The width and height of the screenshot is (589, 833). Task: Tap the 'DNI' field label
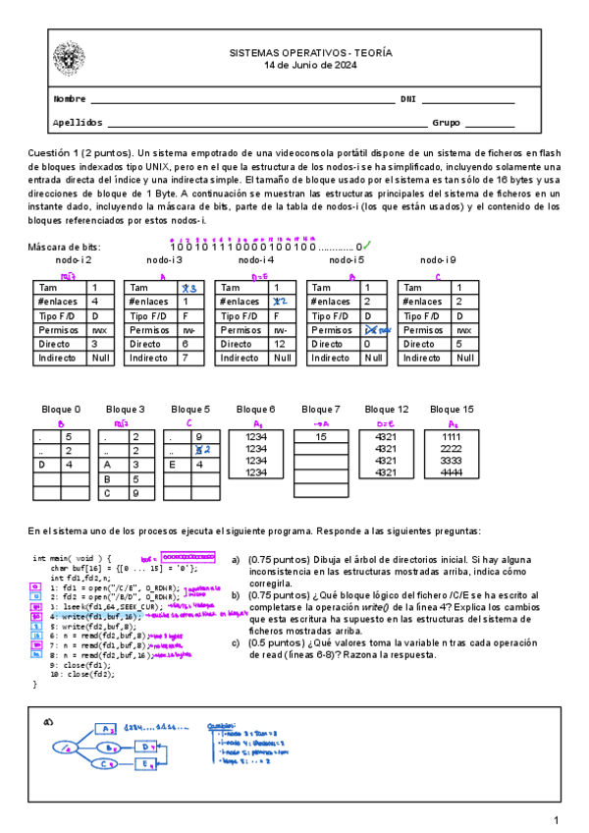pyautogui.click(x=408, y=99)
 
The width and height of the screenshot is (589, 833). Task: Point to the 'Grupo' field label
pyautogui.click(x=447, y=123)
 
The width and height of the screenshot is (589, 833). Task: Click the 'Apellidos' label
pyautogui.click(x=77, y=123)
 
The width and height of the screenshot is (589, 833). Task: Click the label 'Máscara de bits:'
pyautogui.click(x=65, y=247)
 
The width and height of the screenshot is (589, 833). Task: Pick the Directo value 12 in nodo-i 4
pyautogui.click(x=282, y=345)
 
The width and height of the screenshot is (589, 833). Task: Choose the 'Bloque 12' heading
pyautogui.click(x=387, y=409)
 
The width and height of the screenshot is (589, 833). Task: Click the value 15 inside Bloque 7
pyautogui.click(x=320, y=436)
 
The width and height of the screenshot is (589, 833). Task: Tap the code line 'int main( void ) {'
pyautogui.click(x=73, y=558)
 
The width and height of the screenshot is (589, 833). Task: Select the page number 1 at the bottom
pyautogui.click(x=556, y=820)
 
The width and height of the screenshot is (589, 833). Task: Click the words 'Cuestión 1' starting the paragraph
pyautogui.click(x=53, y=153)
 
